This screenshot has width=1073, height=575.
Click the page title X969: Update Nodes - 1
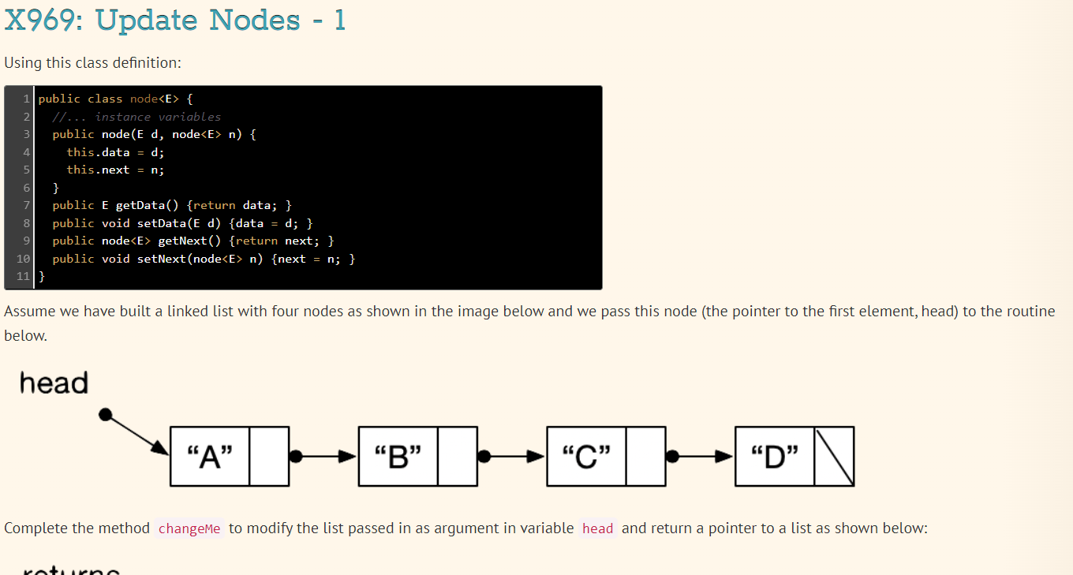[174, 20]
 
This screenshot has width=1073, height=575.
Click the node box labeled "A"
[210, 457]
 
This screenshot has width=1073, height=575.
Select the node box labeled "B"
[398, 457]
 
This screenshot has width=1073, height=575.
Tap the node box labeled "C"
[586, 457]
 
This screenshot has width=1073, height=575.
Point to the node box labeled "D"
[775, 457]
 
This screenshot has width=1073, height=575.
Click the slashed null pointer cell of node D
[834, 457]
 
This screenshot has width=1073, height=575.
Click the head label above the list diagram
[54, 383]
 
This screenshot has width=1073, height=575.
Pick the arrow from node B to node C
[513, 457]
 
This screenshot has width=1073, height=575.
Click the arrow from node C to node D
[701, 457]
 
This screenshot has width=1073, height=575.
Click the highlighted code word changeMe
[189, 528]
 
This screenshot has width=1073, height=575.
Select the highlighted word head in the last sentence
[597, 528]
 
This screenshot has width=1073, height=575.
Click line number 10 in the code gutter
[22, 259]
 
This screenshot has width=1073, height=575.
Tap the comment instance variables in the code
[158, 117]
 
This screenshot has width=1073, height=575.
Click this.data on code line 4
[98, 152]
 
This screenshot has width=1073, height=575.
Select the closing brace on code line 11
[42, 277]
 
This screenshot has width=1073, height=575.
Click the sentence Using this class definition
[93, 62]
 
